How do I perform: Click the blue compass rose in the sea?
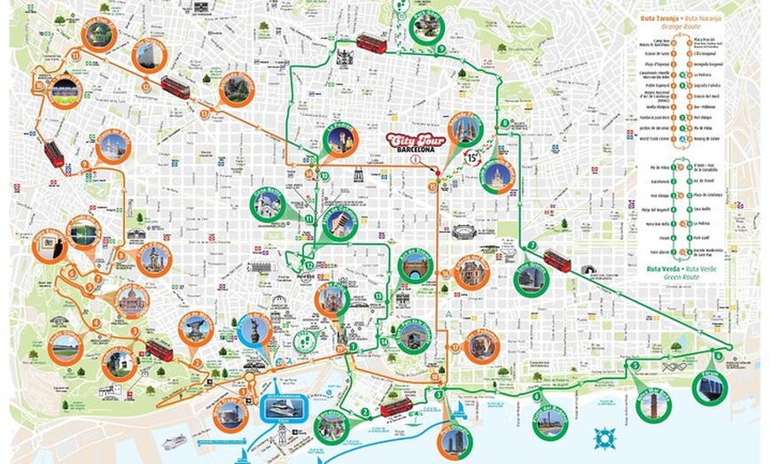coord(605,437)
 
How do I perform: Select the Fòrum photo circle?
coord(710,387)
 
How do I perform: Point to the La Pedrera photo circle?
coord(339,140)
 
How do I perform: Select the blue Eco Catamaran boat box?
coord(283,408)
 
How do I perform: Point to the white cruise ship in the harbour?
coord(173,440)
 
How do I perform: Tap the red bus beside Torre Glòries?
coord(557,259)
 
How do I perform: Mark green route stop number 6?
coord(718,356)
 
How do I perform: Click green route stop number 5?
coord(635,365)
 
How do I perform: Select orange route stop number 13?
coord(145,86)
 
